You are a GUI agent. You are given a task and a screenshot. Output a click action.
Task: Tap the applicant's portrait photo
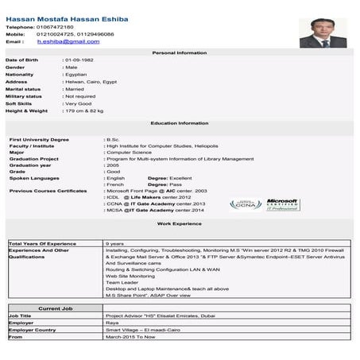[323, 32]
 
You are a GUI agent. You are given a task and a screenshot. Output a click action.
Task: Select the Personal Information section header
[179, 52]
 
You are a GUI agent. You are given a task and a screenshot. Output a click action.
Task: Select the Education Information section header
[179, 123]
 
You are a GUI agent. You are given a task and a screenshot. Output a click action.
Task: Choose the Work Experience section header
[179, 225]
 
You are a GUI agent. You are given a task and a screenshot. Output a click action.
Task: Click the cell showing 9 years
[114, 243]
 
